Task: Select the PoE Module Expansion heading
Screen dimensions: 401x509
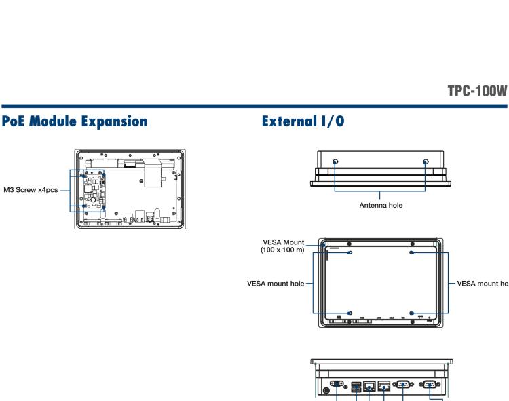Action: tap(74, 122)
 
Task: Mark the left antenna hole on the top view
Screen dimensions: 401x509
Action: tap(335, 162)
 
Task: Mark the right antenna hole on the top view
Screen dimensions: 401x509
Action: tap(426, 162)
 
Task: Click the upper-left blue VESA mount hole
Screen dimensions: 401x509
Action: tap(350, 252)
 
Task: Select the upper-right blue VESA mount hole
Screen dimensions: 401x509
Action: tap(413, 252)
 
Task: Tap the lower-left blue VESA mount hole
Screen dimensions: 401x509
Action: tap(350, 313)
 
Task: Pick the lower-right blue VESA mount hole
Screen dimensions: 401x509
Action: tap(413, 313)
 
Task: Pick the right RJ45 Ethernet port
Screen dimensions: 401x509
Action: tap(384, 385)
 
